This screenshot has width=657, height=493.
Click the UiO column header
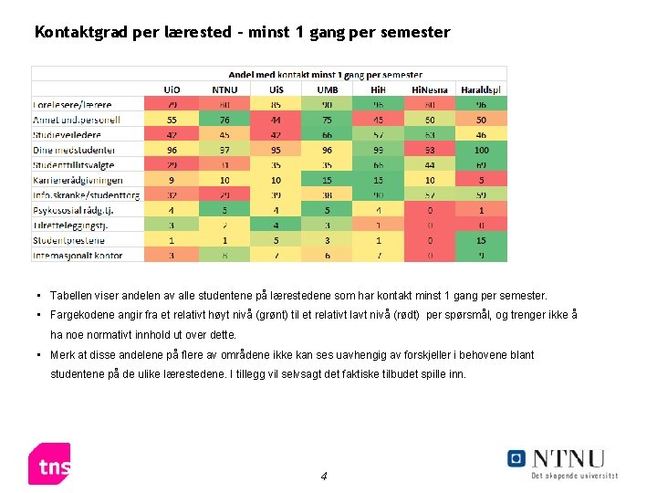point(172,89)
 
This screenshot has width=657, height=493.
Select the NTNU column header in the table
point(224,89)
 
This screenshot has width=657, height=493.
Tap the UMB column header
point(327,89)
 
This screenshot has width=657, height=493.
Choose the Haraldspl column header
point(481,89)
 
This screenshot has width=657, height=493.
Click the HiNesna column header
point(429,89)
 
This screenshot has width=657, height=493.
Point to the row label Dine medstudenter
point(75,150)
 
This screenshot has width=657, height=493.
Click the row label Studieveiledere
point(68,134)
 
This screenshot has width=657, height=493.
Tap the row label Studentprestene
point(71,241)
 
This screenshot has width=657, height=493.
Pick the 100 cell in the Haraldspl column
point(481,150)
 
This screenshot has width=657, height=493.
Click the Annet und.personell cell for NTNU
point(224,120)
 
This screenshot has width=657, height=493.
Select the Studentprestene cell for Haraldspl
point(481,241)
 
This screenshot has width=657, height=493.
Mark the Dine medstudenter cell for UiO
point(172,150)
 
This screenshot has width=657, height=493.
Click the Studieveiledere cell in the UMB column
point(327,134)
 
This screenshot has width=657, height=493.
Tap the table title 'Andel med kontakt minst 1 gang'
point(324,74)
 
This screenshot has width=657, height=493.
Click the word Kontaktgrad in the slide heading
point(81,33)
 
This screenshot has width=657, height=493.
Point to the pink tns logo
point(49,464)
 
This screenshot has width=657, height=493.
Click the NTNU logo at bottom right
point(562,461)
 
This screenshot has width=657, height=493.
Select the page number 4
point(324,477)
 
